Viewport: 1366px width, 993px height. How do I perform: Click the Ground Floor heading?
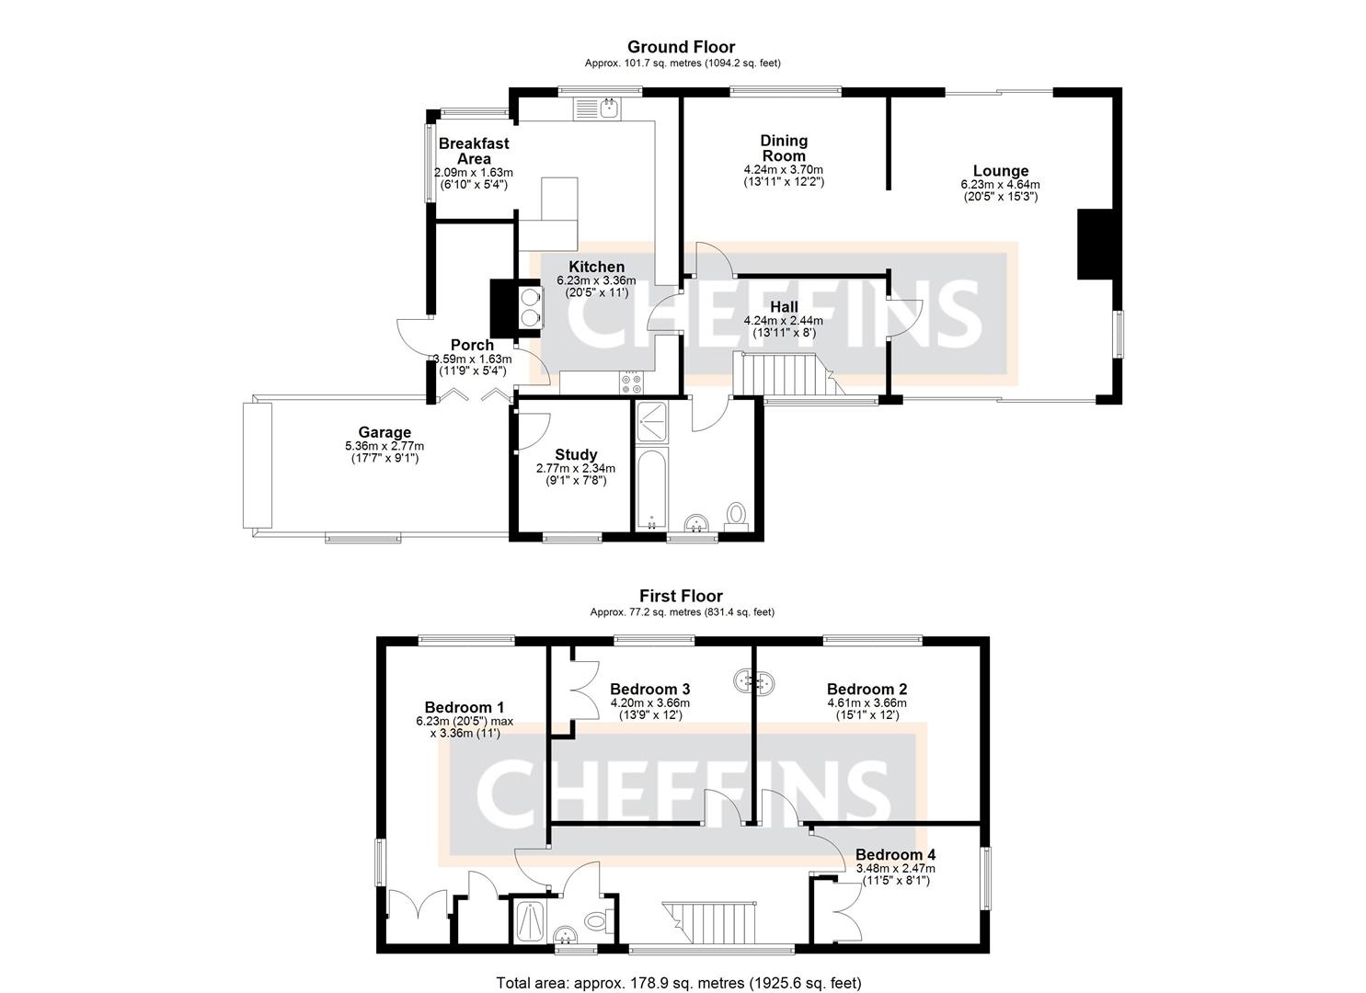coord(681,47)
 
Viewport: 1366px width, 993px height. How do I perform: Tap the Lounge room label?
coord(1000,171)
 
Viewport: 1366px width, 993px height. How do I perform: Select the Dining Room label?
coord(784,148)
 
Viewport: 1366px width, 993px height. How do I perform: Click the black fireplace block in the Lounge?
coord(1095,244)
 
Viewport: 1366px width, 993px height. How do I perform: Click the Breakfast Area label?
coord(473,151)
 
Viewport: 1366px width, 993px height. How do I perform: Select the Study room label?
coord(576,454)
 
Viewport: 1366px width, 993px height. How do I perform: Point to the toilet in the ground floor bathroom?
coord(737,515)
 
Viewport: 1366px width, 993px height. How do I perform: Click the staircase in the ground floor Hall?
coord(782,374)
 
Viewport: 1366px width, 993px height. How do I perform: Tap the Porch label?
coord(472,345)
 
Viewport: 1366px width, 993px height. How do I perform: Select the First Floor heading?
coord(681,597)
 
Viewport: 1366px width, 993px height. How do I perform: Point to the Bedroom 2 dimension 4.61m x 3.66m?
coord(867,702)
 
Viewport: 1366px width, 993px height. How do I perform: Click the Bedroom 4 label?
coord(895,854)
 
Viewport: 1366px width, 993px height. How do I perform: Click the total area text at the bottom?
coord(679,983)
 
